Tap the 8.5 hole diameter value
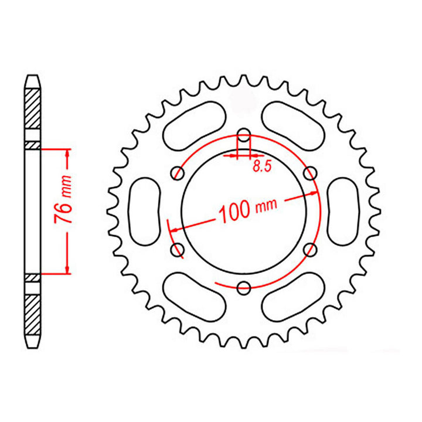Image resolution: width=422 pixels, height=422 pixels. coord(261,166)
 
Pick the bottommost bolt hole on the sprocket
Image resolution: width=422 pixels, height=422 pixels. coord(244,287)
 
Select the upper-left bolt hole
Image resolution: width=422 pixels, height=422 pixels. coord(178,172)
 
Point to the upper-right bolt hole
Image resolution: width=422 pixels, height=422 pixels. coord(311,172)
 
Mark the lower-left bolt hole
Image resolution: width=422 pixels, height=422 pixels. coord(178,250)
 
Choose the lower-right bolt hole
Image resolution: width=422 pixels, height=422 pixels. coord(311,250)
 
